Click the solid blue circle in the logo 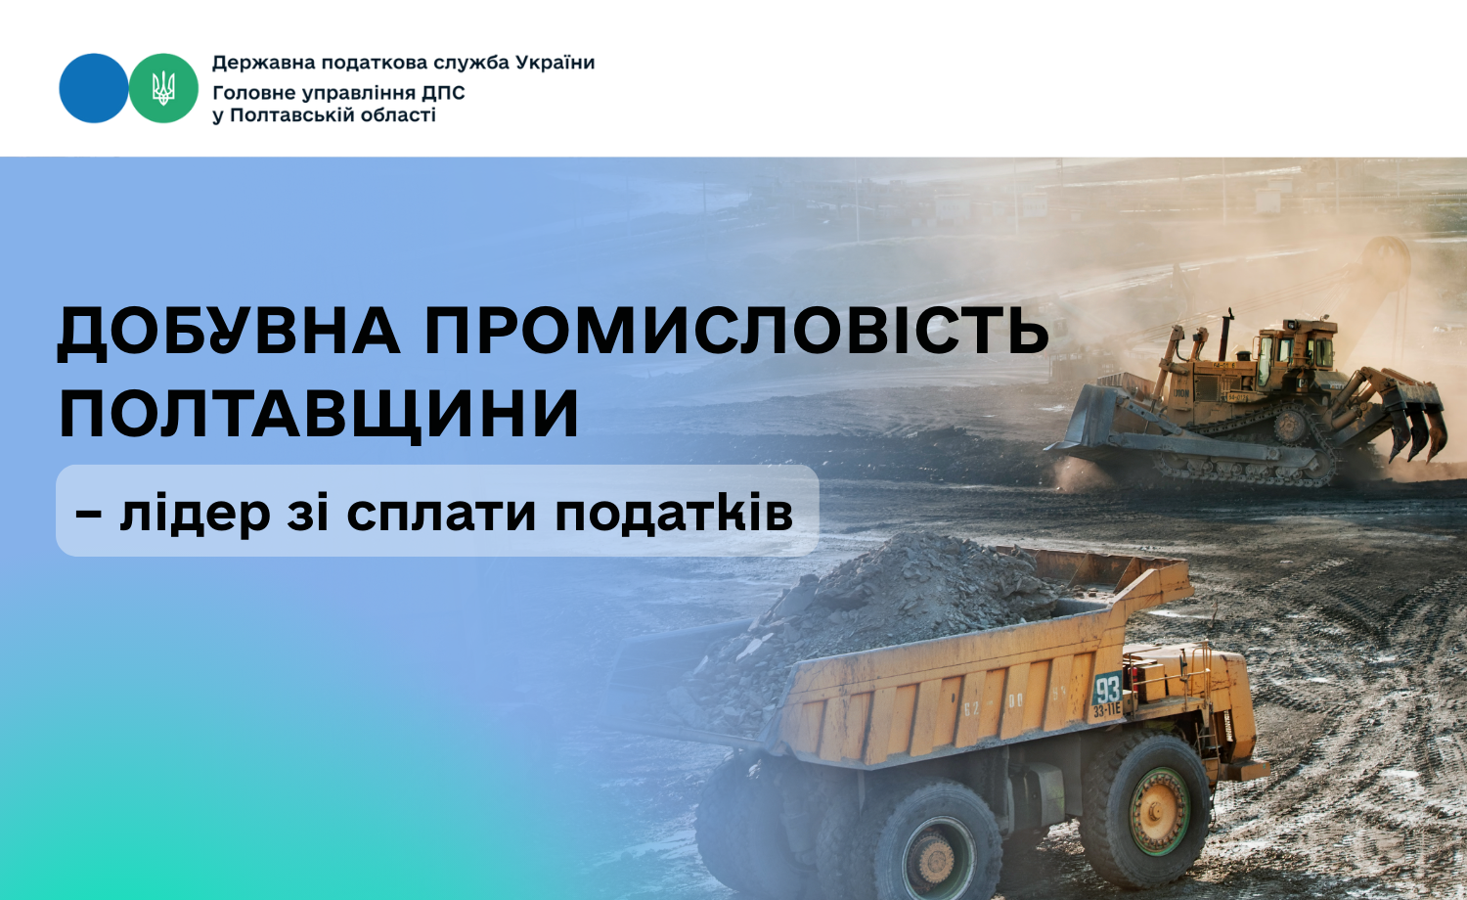(94, 88)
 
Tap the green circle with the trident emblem (163, 88)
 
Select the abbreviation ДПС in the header (443, 94)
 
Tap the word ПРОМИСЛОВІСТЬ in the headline (736, 330)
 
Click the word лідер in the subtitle (196, 513)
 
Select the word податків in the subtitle (674, 513)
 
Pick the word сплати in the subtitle (441, 513)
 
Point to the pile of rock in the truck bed (884, 615)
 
